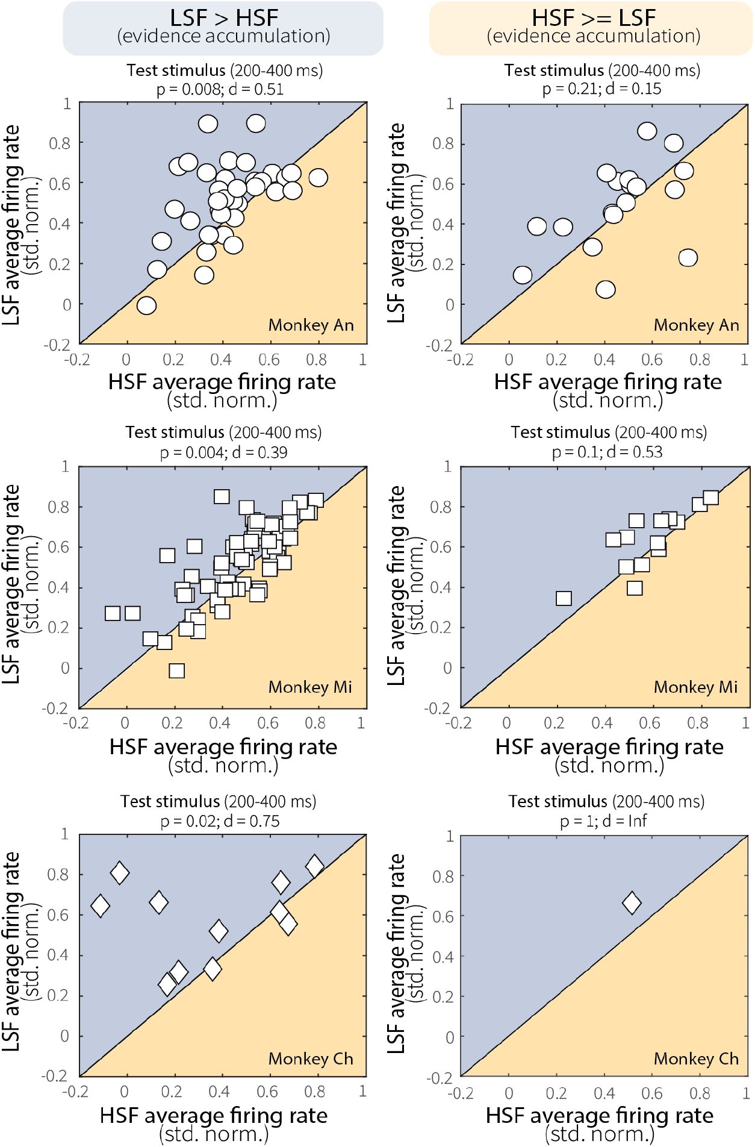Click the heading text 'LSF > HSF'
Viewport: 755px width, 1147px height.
(223, 17)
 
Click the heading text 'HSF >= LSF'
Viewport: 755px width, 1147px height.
(593, 17)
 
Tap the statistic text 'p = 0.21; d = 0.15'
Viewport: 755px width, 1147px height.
(601, 89)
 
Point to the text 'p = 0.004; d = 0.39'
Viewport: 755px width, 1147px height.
(223, 452)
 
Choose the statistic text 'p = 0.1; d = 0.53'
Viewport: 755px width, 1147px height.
(607, 452)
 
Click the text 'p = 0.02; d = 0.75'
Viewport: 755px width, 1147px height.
(220, 821)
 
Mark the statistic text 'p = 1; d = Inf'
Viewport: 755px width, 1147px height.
(603, 821)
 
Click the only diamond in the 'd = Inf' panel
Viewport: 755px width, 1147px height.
(632, 902)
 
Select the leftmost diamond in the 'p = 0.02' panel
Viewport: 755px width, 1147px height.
(100, 905)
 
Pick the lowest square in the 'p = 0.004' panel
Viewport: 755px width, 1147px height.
(176, 670)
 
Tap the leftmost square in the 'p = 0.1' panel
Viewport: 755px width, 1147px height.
(564, 598)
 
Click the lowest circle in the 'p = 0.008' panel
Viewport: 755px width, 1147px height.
(146, 305)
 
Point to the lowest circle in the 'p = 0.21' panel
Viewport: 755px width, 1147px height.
(606, 290)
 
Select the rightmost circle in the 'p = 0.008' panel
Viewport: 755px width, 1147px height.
(318, 178)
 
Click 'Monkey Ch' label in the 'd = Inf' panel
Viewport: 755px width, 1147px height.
(696, 1059)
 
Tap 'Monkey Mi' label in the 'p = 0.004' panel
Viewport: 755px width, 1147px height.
(310, 687)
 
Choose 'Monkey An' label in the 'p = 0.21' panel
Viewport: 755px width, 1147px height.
(696, 325)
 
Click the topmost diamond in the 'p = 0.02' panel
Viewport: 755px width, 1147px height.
(314, 866)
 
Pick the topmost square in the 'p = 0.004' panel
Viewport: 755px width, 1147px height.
(222, 496)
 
